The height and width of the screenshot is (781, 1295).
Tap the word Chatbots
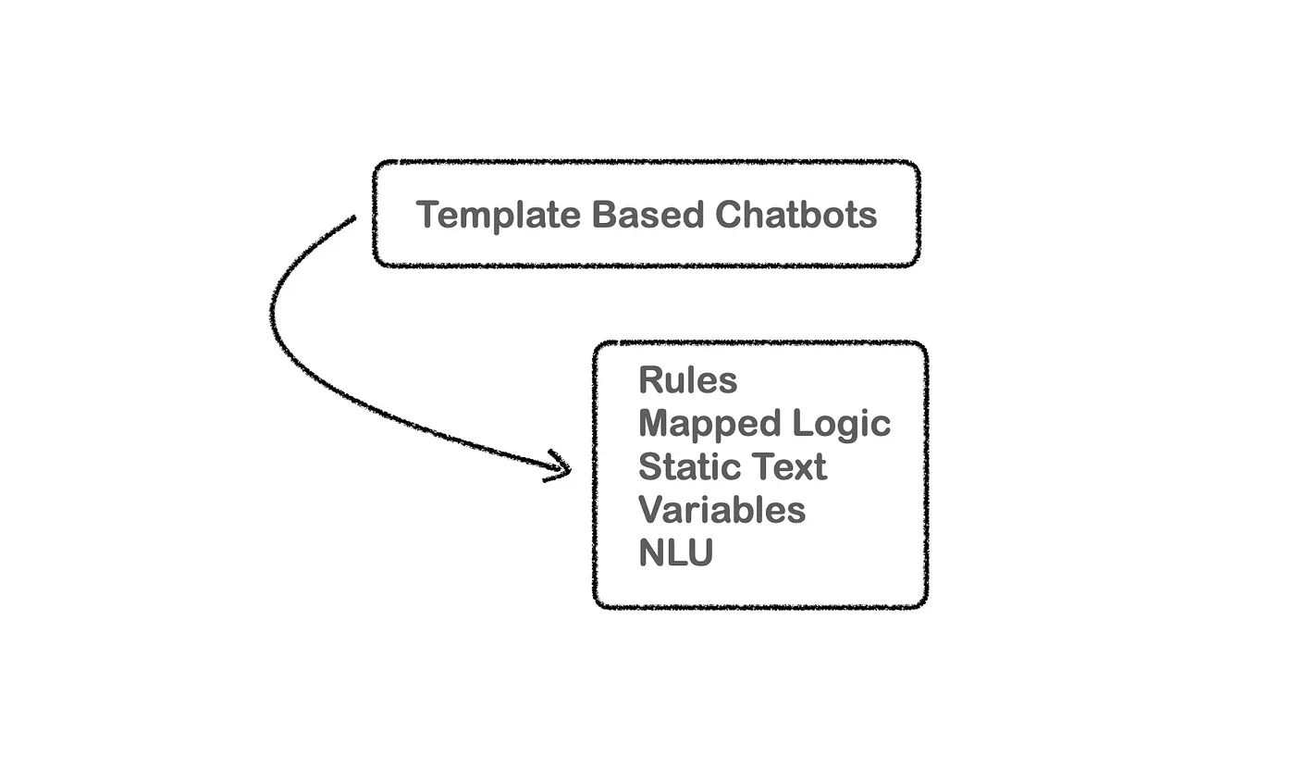tap(796, 215)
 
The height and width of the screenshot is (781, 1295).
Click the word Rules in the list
tap(688, 380)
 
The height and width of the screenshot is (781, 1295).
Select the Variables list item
tap(722, 510)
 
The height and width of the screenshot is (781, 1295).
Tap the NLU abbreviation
tap(676, 553)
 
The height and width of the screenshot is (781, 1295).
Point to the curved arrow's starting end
tap(352, 219)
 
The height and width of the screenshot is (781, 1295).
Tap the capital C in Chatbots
tap(729, 215)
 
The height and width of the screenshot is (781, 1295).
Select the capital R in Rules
tap(650, 380)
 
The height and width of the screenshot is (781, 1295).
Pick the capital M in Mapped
tap(653, 423)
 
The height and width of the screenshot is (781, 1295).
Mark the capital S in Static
tap(650, 466)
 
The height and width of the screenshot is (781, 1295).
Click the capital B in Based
tap(604, 215)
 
